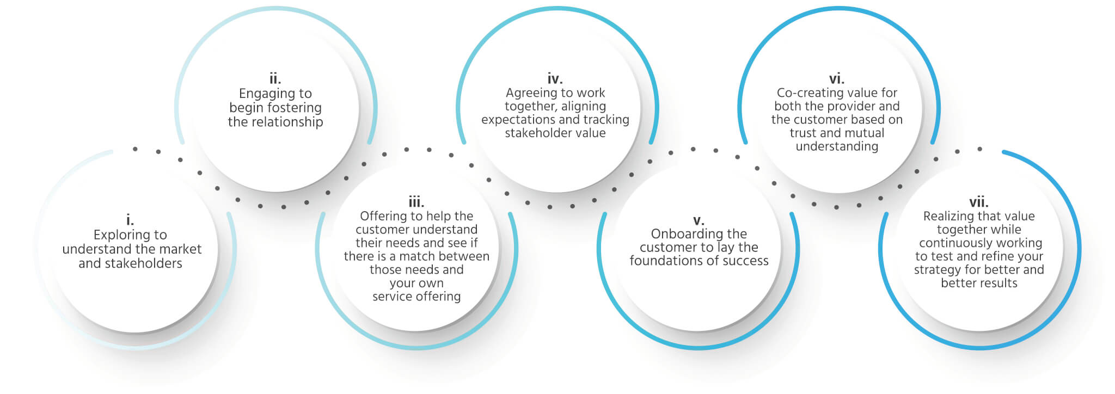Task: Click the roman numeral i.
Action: (130, 220)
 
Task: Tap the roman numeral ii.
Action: (275, 79)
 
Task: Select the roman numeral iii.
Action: (416, 202)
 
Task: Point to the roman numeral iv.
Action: (555, 79)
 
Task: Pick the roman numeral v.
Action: (699, 220)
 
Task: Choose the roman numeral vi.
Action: (837, 79)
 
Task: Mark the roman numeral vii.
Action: (979, 202)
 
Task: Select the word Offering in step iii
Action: (384, 217)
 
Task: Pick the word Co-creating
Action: (808, 93)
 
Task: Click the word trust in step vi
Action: (803, 133)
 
